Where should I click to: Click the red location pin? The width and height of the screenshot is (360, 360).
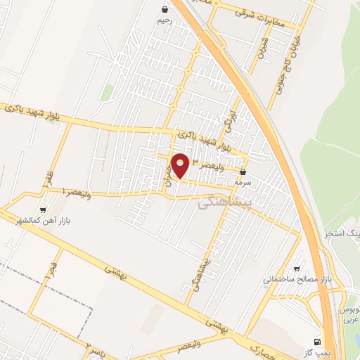(181, 166)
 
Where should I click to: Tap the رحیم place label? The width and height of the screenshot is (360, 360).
(165, 21)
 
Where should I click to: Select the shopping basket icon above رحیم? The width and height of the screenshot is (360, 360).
(165, 10)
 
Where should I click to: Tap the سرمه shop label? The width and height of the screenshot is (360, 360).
(243, 182)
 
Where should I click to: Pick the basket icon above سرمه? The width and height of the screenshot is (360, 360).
(243, 171)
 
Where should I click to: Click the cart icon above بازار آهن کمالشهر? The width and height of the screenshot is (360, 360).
(45, 209)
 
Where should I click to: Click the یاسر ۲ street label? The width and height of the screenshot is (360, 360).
(95, 347)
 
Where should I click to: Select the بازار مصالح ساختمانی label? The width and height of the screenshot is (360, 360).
(296, 279)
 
